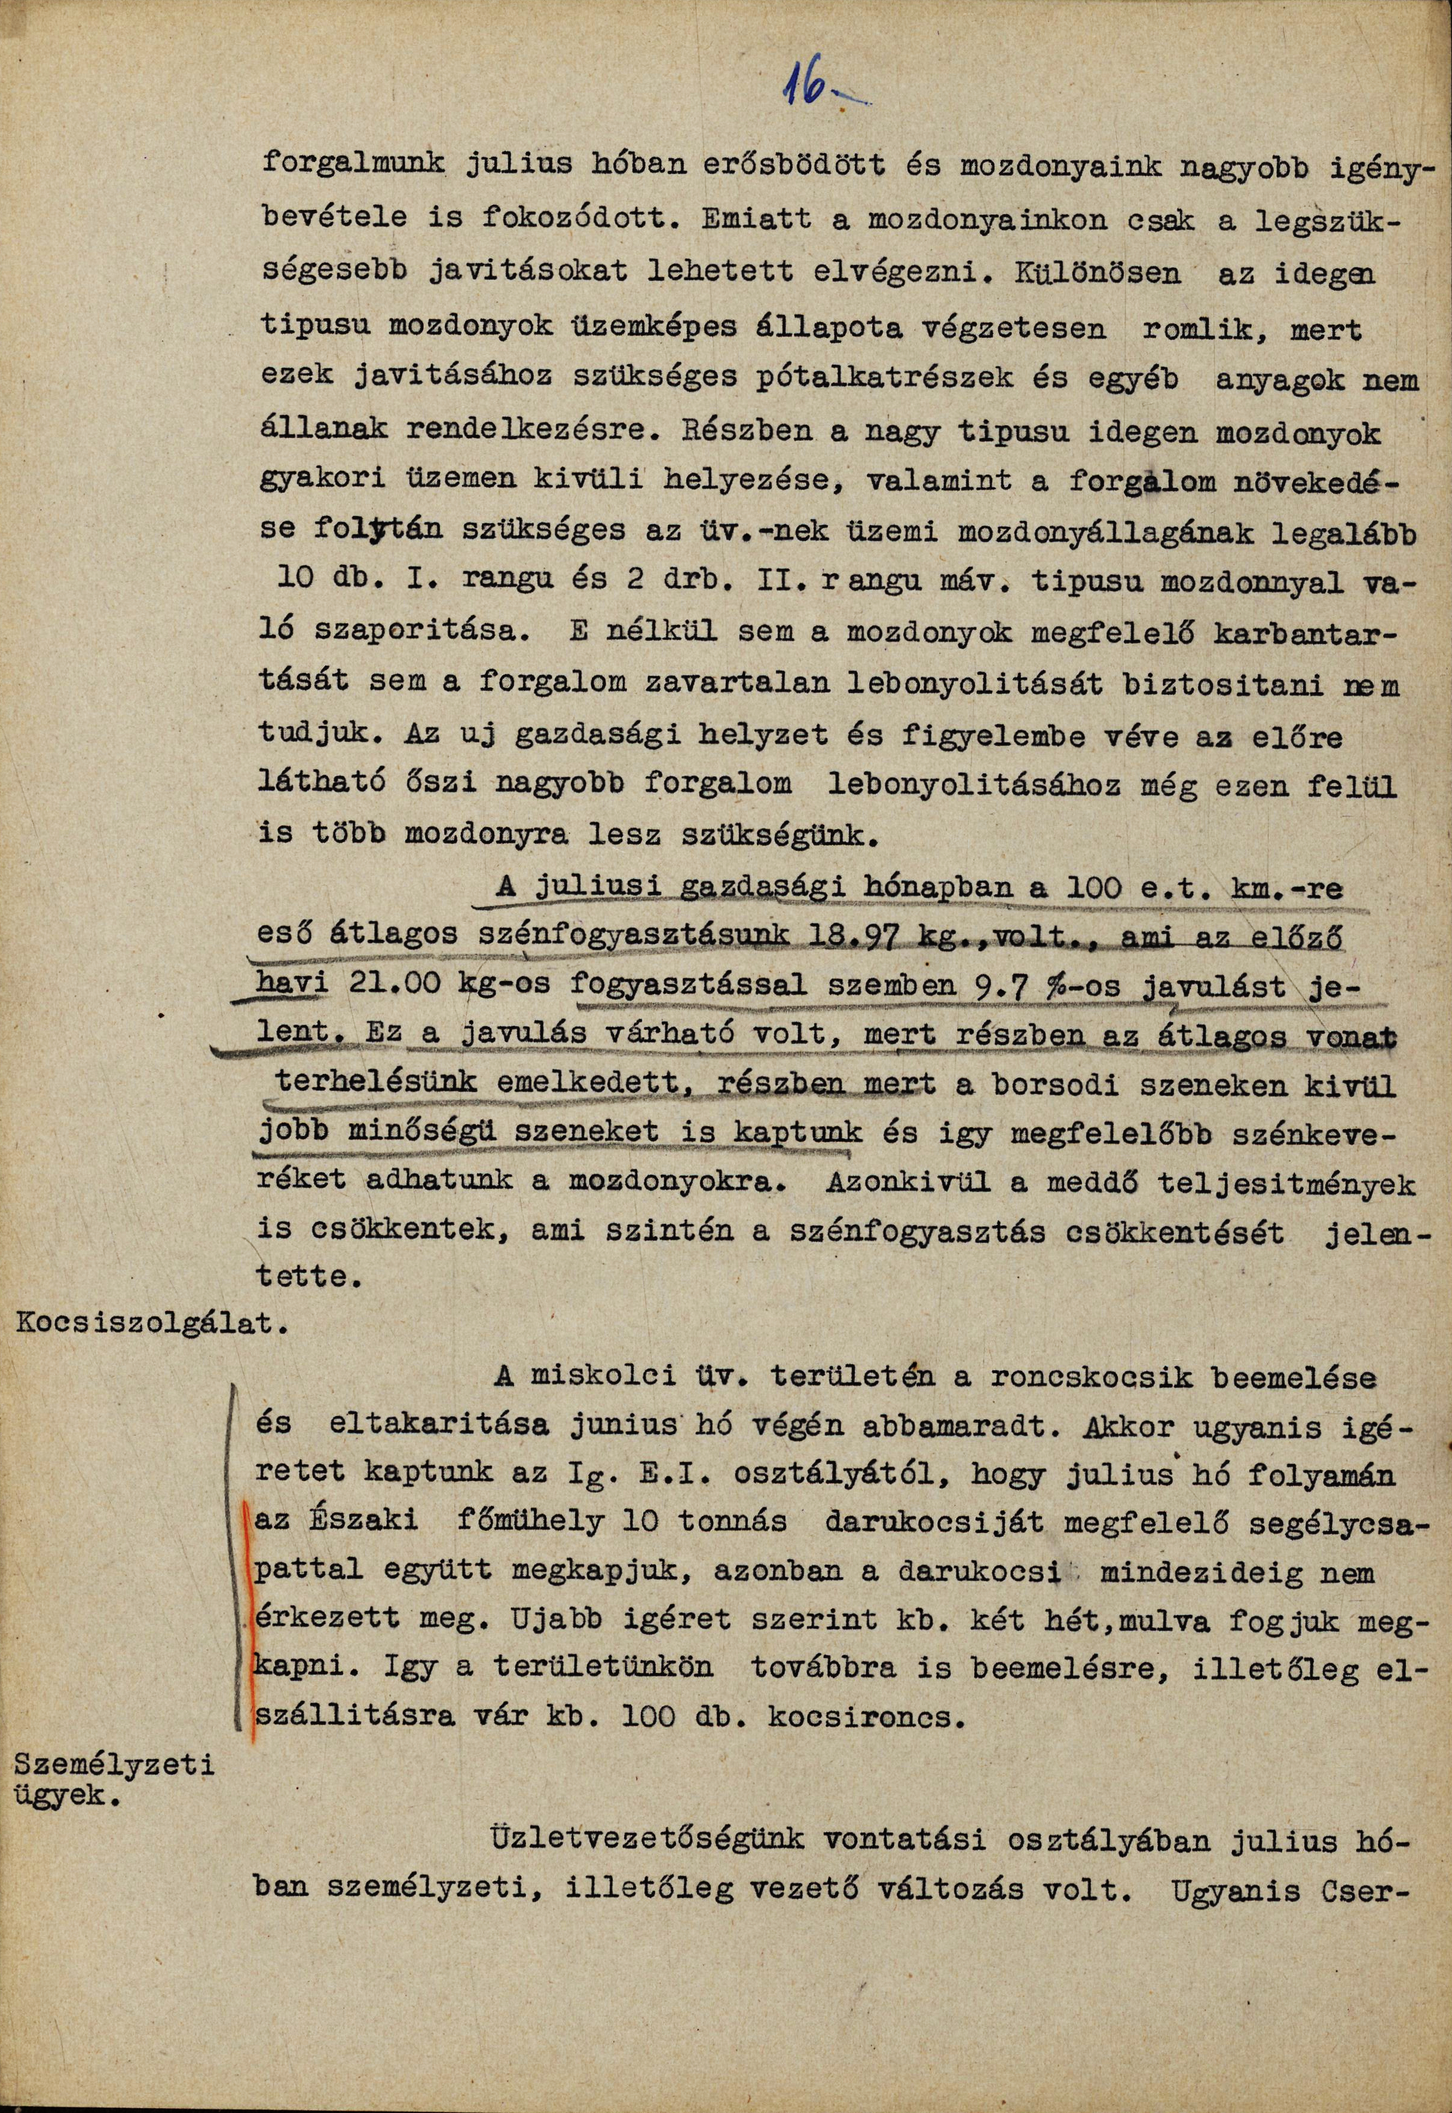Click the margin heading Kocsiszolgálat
click(146, 1324)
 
